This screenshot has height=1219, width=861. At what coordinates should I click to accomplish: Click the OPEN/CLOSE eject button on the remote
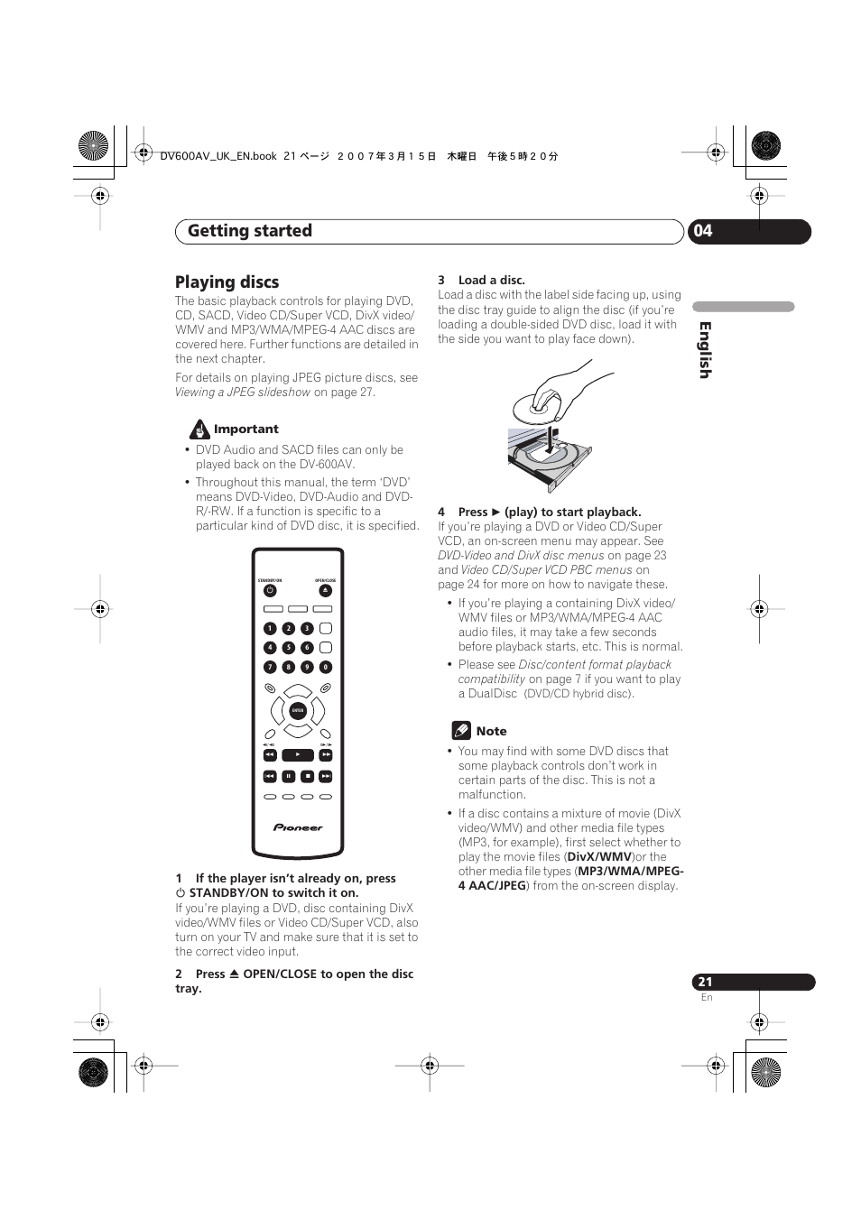(x=326, y=591)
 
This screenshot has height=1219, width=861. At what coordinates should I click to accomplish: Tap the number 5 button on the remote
(x=288, y=648)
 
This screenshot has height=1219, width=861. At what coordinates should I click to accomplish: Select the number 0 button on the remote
(x=326, y=667)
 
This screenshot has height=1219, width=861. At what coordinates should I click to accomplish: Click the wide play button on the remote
(x=298, y=754)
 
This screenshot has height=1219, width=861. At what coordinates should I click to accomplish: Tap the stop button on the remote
(x=307, y=776)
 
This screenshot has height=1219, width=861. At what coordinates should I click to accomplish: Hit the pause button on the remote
(x=288, y=776)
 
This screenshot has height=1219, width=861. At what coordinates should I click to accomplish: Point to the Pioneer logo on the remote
(x=298, y=827)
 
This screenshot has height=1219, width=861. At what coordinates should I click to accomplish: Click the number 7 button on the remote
(x=269, y=667)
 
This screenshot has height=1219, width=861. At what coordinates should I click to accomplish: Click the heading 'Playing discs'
(x=227, y=282)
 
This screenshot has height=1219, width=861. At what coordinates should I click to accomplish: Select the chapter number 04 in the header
(x=703, y=231)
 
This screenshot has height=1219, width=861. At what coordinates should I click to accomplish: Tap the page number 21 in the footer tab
(x=705, y=982)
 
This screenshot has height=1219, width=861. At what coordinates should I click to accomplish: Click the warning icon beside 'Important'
(x=199, y=429)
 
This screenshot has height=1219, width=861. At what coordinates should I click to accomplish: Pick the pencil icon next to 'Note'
(x=461, y=731)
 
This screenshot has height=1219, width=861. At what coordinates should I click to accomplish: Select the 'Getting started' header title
(x=250, y=231)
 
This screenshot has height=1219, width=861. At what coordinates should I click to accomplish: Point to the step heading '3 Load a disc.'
(x=481, y=281)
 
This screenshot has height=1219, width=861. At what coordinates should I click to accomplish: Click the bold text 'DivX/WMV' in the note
(x=599, y=857)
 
